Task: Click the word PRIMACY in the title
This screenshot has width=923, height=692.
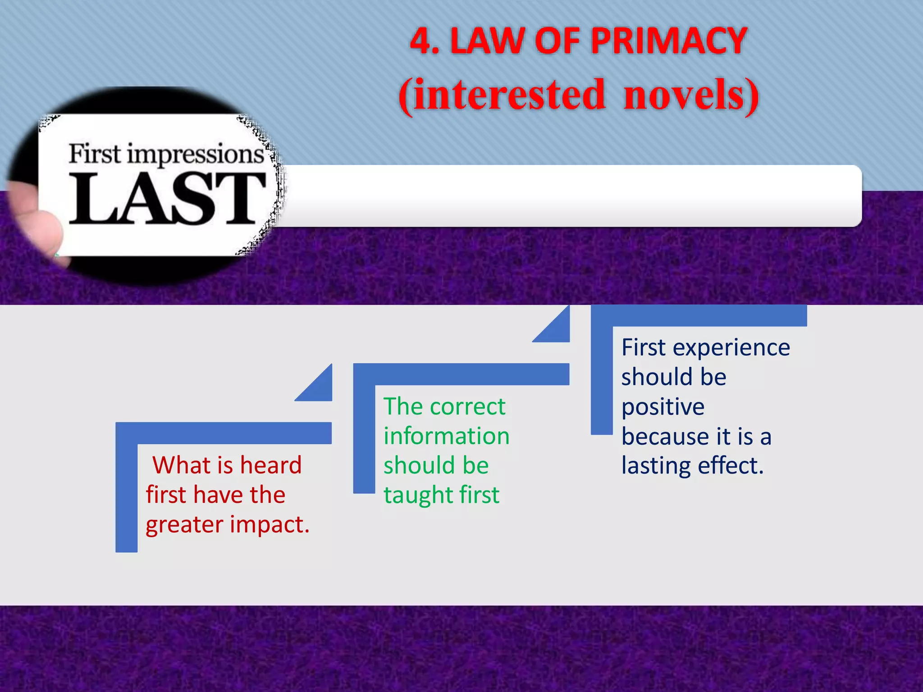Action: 669,41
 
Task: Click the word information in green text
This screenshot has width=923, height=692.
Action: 446,436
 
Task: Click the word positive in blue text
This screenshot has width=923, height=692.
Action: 663,407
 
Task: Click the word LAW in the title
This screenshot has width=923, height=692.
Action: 486,41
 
